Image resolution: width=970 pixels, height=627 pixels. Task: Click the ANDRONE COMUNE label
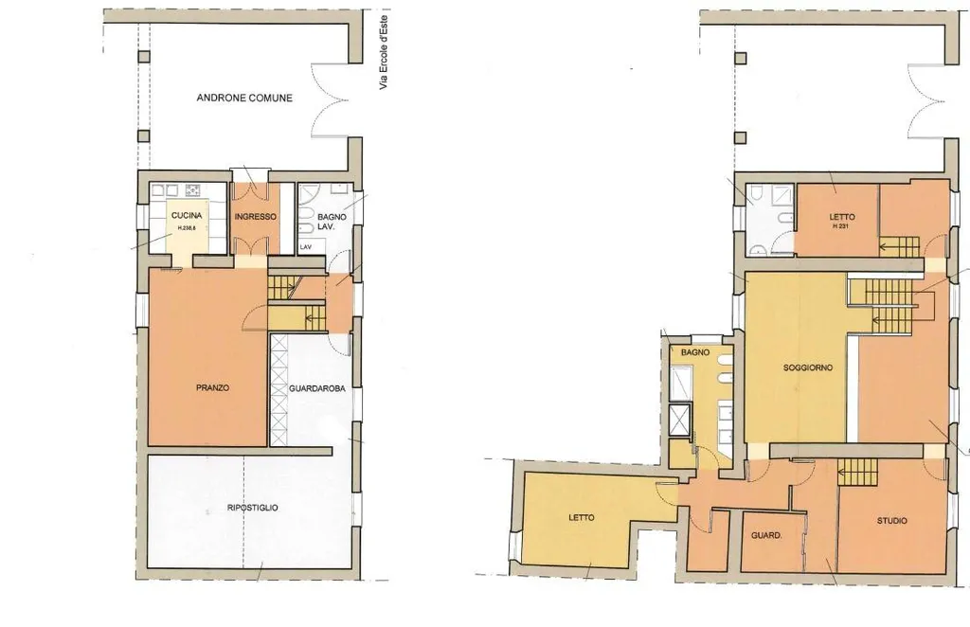[x=244, y=98]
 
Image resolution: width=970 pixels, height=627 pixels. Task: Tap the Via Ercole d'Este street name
[x=384, y=49]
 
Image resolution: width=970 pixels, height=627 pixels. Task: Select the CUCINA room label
[x=187, y=216]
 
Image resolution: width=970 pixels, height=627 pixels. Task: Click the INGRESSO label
[x=256, y=217]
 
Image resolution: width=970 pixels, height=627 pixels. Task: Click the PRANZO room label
[x=213, y=387]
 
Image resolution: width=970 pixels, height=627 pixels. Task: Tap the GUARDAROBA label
[x=316, y=389]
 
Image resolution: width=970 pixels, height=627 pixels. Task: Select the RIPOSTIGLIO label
[x=252, y=508]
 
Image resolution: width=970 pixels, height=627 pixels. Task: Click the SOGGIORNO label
[x=808, y=367]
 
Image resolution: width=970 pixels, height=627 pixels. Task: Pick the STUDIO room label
[x=892, y=521]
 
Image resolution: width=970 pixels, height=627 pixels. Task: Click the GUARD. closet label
[x=766, y=535]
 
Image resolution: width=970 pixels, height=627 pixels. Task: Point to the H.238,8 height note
[x=187, y=227]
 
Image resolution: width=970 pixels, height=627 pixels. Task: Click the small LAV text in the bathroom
[x=306, y=247]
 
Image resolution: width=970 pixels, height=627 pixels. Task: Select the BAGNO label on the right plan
[x=695, y=352]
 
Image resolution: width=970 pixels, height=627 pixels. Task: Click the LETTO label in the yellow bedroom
[x=582, y=517]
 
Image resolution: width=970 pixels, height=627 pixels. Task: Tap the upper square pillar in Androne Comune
[x=144, y=57]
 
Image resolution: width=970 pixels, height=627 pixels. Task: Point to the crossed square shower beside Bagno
[x=679, y=421]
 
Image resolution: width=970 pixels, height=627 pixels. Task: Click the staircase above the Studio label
[x=856, y=472]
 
